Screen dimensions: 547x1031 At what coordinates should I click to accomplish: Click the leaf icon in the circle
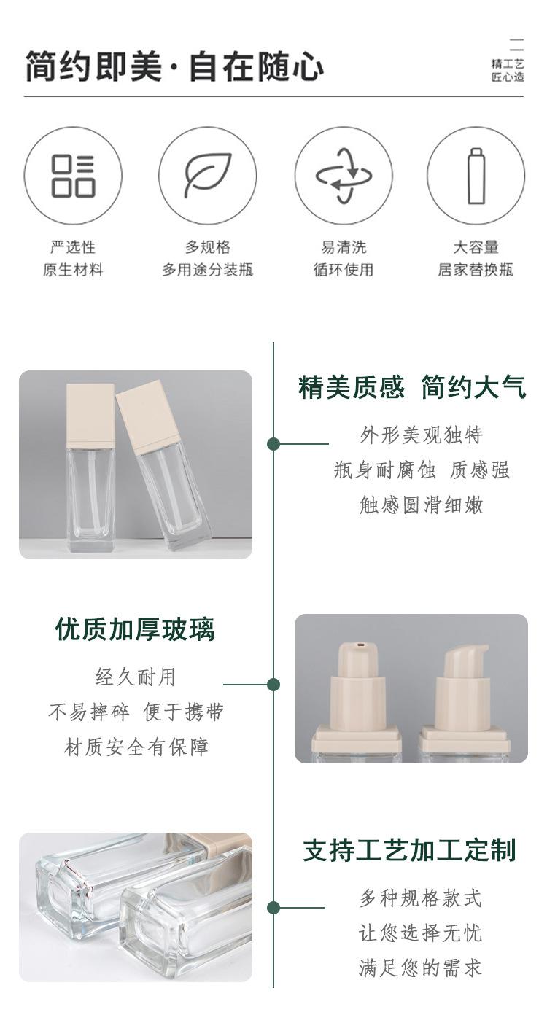(x=207, y=176)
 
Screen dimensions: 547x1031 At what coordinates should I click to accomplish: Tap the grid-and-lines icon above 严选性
(x=73, y=176)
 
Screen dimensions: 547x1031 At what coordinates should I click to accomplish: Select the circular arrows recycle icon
(x=344, y=176)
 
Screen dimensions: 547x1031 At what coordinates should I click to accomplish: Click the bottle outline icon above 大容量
(x=476, y=176)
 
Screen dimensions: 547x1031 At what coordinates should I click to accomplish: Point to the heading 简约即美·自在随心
(x=174, y=66)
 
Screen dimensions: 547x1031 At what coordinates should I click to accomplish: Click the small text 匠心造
(x=508, y=77)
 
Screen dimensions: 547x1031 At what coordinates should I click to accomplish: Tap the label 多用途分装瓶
(x=207, y=269)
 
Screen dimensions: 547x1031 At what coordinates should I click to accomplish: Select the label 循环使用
(x=344, y=269)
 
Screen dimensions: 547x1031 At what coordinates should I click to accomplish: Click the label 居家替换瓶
(x=476, y=269)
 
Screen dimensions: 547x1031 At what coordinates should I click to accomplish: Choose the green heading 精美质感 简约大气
(x=412, y=386)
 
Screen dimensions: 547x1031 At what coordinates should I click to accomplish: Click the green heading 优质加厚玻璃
(x=135, y=629)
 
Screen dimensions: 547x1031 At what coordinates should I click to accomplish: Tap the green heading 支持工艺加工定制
(x=409, y=849)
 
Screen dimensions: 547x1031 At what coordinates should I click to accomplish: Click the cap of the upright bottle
(x=90, y=415)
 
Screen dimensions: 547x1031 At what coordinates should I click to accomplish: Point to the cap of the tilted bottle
(x=147, y=419)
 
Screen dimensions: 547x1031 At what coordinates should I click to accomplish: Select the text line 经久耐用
(x=136, y=677)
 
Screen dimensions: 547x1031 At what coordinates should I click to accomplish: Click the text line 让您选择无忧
(x=420, y=933)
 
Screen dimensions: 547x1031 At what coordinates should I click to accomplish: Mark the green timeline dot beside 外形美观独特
(x=273, y=444)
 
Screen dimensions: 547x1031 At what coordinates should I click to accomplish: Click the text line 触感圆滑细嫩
(x=422, y=505)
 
